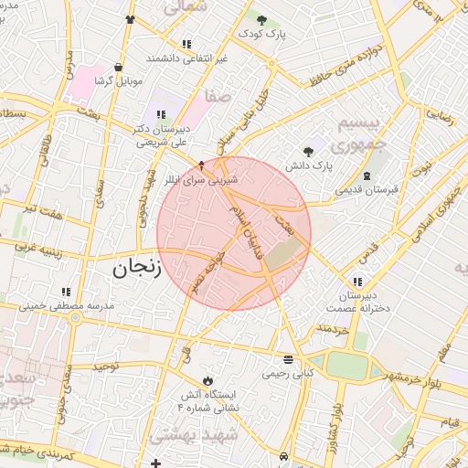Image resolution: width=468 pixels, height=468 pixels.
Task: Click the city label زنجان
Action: click(x=137, y=268)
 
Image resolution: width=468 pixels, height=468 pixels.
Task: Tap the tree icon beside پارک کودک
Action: click(x=261, y=20)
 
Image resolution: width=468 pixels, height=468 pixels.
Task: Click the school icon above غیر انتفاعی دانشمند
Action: click(x=187, y=44)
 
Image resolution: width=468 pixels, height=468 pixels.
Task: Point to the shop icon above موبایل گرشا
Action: click(x=118, y=67)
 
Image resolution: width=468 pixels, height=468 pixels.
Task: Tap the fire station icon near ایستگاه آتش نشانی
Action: click(x=207, y=379)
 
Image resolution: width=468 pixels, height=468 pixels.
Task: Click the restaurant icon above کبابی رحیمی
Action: click(x=289, y=359)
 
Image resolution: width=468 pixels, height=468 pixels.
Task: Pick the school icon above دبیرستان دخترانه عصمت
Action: click(x=356, y=282)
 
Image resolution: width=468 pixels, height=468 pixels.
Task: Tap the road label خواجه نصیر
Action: click(x=210, y=271)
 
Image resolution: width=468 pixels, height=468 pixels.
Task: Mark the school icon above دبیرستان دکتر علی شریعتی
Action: click(x=161, y=114)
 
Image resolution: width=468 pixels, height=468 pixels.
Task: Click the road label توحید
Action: click(x=105, y=366)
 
